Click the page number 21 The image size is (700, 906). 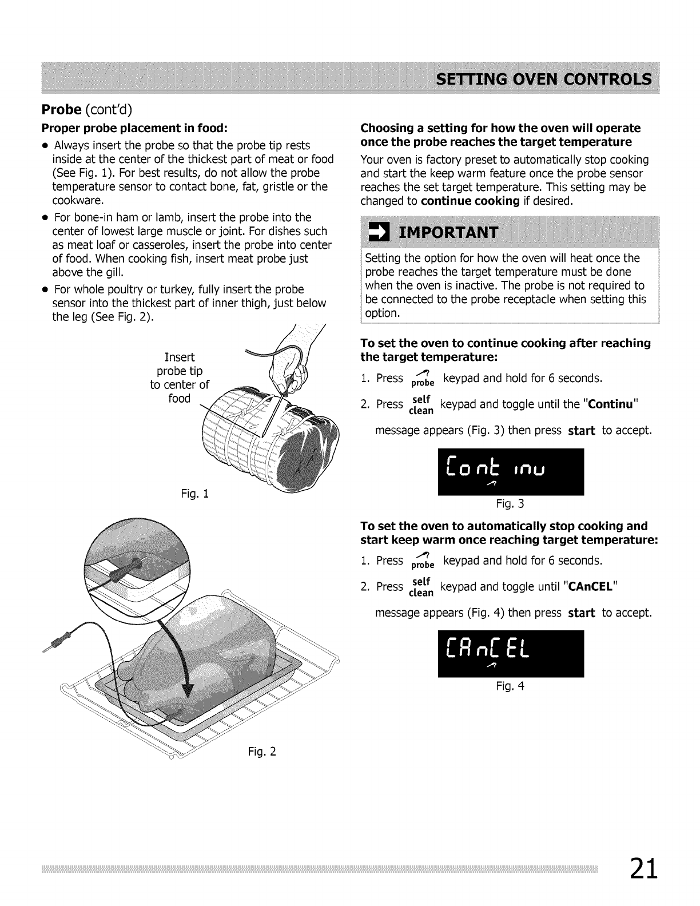645,871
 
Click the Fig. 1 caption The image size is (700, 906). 195,494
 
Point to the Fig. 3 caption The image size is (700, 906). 511,504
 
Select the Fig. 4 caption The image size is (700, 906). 511,686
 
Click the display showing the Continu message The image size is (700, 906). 511,472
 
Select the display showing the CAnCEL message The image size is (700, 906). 511,653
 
